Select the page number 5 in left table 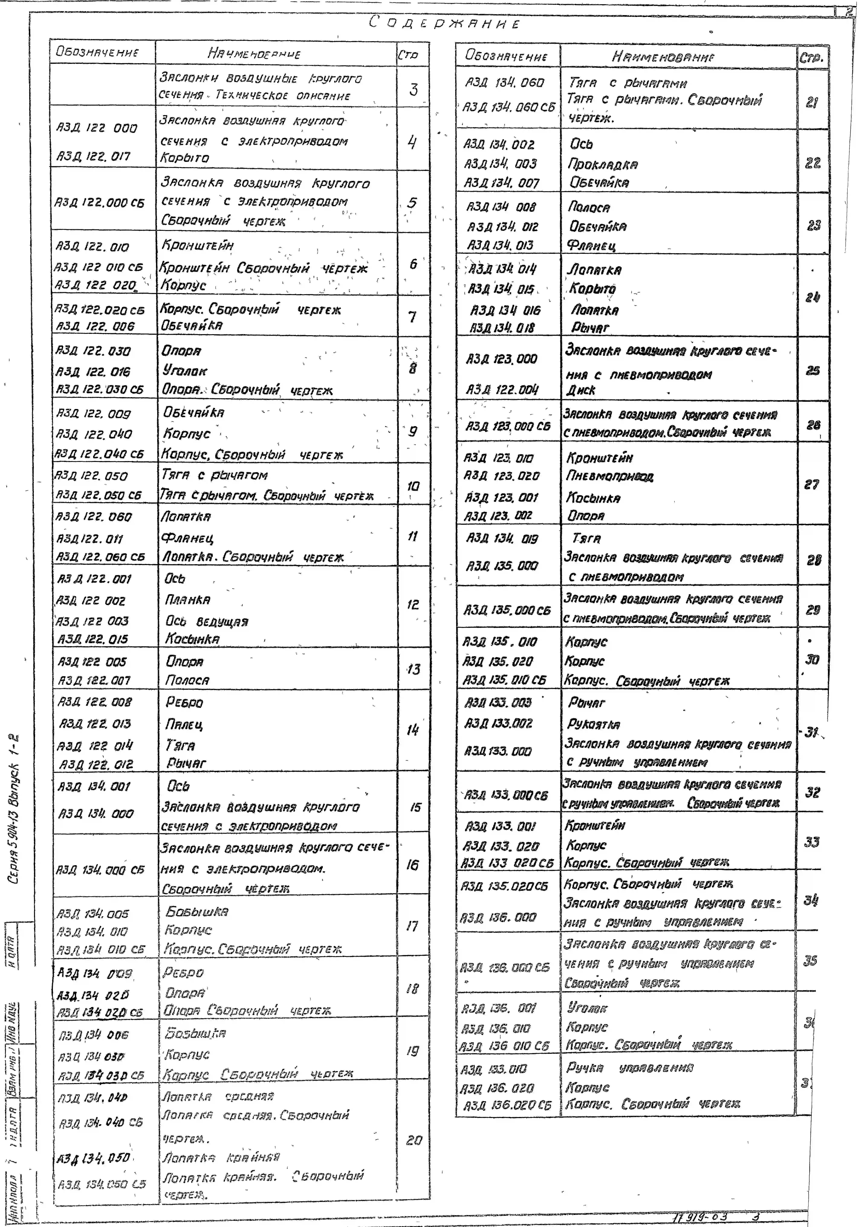pos(412,203)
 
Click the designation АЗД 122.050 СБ pos(99,495)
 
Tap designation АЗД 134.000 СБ pos(100,870)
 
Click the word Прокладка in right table pos(603,164)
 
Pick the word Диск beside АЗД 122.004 pos(581,390)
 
